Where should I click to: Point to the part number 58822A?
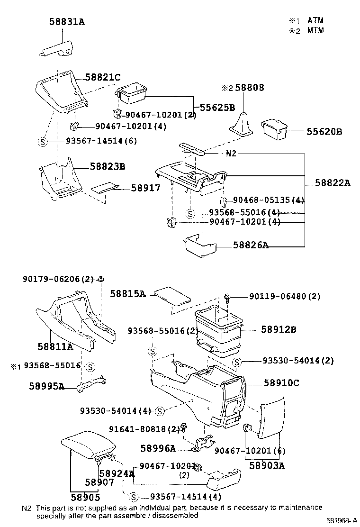(332, 183)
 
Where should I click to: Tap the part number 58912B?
(279, 329)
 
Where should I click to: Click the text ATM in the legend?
(315, 20)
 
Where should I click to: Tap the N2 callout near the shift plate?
(231, 154)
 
